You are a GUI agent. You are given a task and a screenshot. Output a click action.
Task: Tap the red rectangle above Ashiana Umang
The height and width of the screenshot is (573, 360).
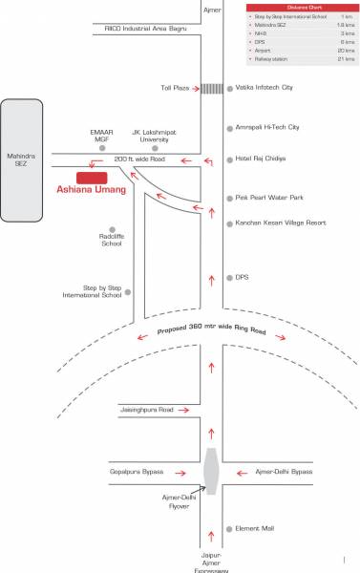tap(92, 177)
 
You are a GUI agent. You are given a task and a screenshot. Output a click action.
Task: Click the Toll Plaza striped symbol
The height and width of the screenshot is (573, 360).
tap(211, 88)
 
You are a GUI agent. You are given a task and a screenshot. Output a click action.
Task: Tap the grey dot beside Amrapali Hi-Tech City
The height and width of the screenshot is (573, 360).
tap(228, 127)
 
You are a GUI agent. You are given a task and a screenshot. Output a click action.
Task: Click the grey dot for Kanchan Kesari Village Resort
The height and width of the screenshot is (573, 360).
tap(228, 223)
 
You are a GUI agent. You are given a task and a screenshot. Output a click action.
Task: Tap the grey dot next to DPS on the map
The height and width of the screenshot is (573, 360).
tap(228, 278)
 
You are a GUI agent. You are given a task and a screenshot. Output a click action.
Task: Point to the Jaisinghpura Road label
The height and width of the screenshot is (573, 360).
tap(146, 409)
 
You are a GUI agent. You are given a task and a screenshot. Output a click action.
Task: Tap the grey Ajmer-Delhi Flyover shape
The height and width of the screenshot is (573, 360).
tap(211, 471)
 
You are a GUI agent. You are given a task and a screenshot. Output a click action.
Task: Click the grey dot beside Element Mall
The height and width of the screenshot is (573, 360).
tap(228, 528)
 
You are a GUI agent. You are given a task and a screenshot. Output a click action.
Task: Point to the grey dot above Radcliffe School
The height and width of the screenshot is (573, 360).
tap(113, 229)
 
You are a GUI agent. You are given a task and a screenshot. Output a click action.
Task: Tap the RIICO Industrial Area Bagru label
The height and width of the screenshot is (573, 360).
tap(146, 29)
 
